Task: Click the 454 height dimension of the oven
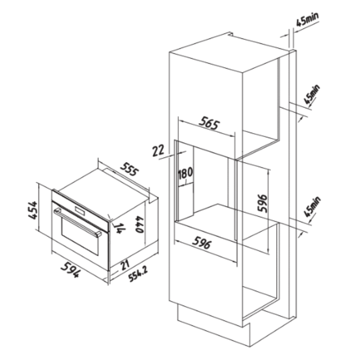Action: click(33, 210)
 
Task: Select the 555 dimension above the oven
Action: click(130, 169)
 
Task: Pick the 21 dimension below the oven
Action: click(125, 265)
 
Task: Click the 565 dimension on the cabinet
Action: click(209, 123)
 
